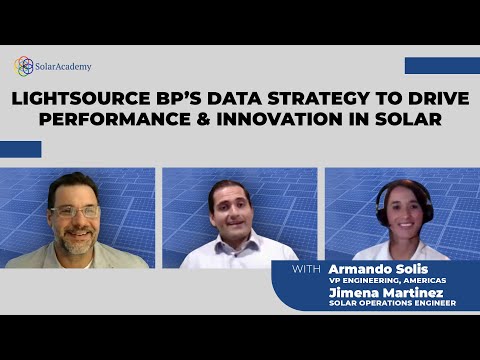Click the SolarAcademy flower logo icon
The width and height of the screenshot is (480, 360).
click(x=24, y=66)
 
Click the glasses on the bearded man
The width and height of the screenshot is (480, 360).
click(x=76, y=211)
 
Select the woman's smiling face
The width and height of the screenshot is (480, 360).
click(x=402, y=214)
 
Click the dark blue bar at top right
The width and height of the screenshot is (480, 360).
click(x=442, y=65)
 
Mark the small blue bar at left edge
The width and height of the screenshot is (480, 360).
click(x=20, y=149)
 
